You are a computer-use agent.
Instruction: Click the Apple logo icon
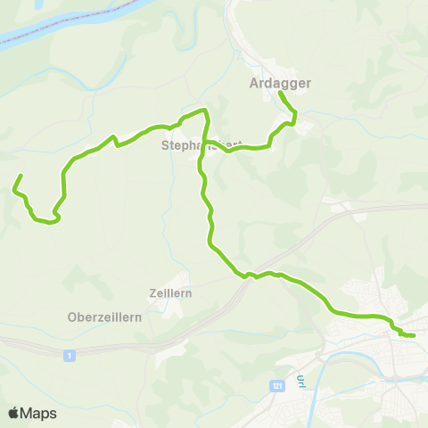(x=13, y=413)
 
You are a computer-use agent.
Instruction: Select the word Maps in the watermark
(x=38, y=414)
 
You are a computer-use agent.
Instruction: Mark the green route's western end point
(x=20, y=175)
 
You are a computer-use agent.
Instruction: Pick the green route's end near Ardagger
(x=281, y=93)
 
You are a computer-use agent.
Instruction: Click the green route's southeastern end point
(x=414, y=335)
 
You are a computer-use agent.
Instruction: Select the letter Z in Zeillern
(x=152, y=292)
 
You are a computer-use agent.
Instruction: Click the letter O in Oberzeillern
(x=72, y=317)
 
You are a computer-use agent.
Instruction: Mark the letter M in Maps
(x=27, y=414)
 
